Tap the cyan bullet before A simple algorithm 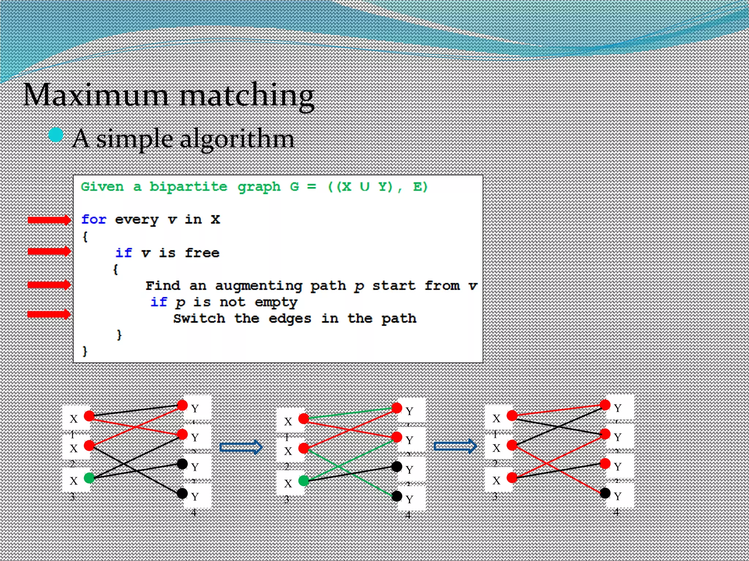coord(56,135)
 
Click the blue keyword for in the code coord(94,220)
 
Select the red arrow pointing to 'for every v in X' coord(49,220)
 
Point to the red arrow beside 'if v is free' coord(49,251)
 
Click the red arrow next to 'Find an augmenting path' coord(49,285)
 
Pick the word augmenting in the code coord(259,286)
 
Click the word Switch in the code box coord(199,318)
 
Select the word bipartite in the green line coord(188,187)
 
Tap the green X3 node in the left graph coord(89,478)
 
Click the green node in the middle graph coord(304,481)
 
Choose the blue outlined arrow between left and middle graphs coord(241,447)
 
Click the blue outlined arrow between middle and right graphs coord(455,446)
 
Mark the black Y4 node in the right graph coord(605,493)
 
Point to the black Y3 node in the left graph coord(182,464)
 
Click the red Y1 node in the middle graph coord(397,408)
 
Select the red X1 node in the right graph coord(512,415)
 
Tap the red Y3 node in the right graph coord(605,463)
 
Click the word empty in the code coord(276,302)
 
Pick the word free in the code coord(202,253)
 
